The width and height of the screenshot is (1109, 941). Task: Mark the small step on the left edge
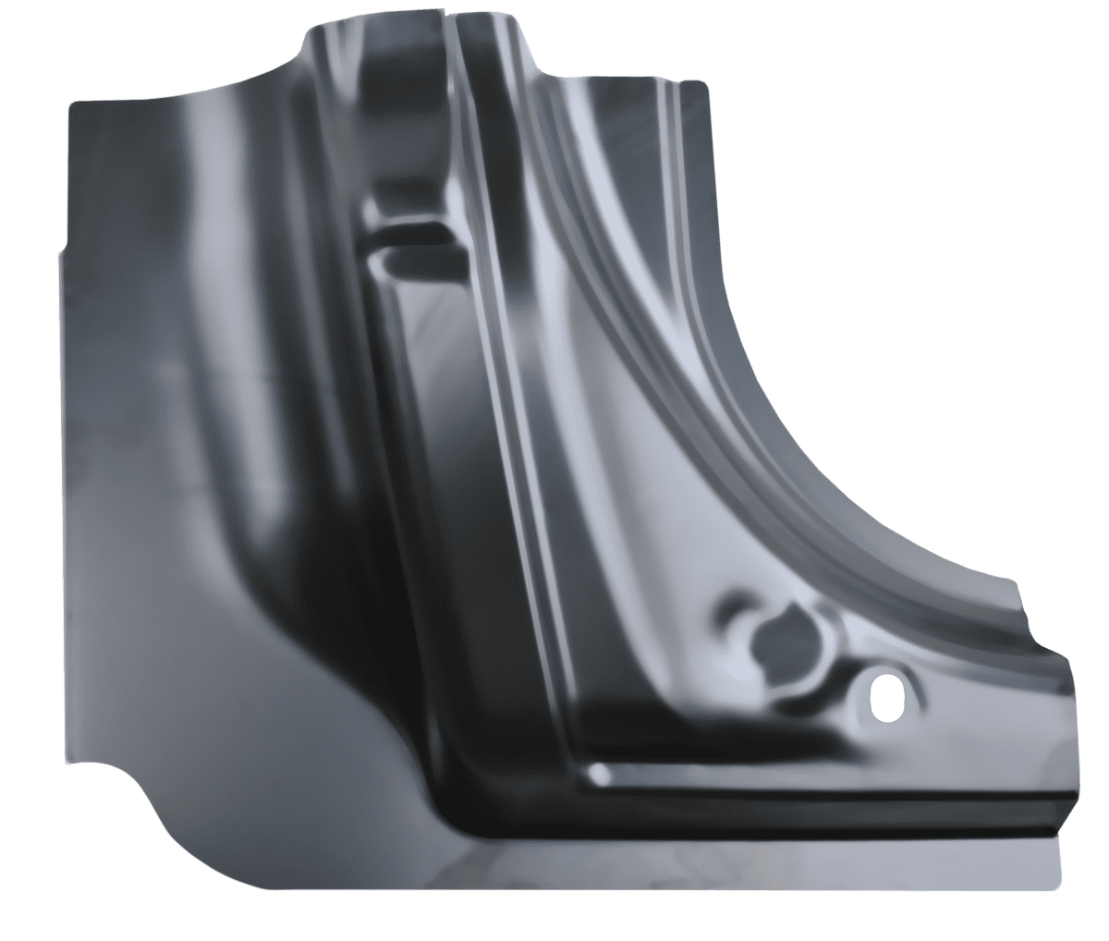pos(60,249)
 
